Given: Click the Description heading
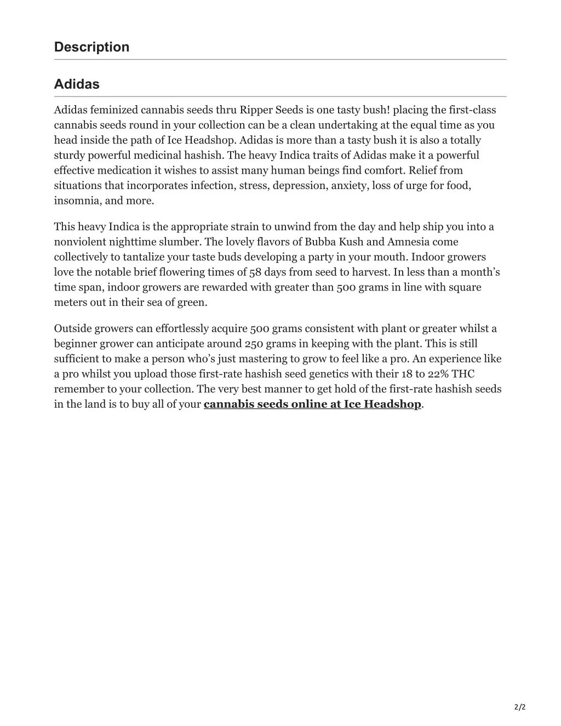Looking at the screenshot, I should [x=91, y=47].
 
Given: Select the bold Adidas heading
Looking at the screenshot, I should [x=77, y=84].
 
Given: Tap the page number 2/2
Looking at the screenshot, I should [x=520, y=707].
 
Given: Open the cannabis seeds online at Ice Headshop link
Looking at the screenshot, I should [x=312, y=404].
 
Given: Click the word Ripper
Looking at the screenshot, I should [x=256, y=110].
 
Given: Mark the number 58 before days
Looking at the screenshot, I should [x=255, y=272].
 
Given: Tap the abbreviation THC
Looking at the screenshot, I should [x=463, y=374].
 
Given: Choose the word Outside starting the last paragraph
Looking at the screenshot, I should [x=72, y=329].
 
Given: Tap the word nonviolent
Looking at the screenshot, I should [x=80, y=242].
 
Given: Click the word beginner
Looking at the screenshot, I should [x=76, y=344].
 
